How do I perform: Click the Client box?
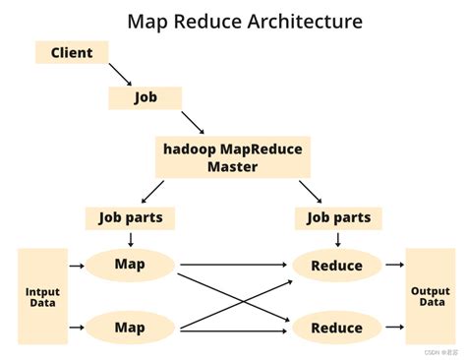pos(71,51)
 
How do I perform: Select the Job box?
pos(146,97)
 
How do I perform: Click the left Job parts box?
pos(131,217)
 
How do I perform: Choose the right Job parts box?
pos(338,217)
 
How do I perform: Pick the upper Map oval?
pos(130,264)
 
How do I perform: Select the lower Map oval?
pos(130,327)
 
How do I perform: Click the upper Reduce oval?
pos(336,265)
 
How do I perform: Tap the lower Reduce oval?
pos(336,328)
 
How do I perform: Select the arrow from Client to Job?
pos(120,73)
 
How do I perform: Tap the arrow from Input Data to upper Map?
pos(77,265)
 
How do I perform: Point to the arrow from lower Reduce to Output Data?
pos(394,328)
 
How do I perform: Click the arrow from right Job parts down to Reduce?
pos(338,239)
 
